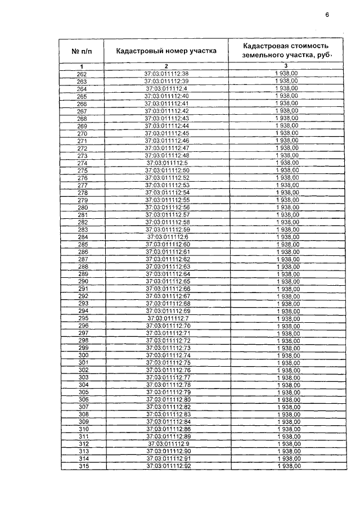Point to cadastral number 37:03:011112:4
coord(166,89)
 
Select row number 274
coord(82,163)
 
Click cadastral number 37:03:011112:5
coord(166,163)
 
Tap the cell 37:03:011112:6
coord(166,237)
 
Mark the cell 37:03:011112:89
coord(168,436)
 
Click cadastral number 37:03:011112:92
coord(168,466)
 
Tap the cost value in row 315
coord(289,466)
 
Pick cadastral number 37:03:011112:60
coord(166,245)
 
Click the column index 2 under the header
coord(166,67)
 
